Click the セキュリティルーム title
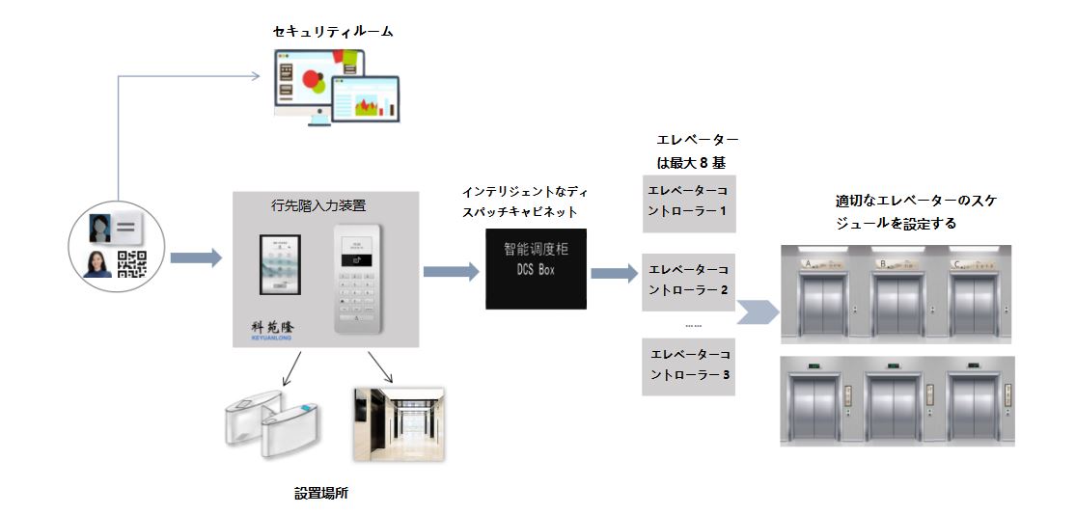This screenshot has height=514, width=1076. [333, 32]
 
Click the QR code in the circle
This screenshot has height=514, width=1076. [131, 263]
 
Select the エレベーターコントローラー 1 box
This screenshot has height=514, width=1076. [689, 203]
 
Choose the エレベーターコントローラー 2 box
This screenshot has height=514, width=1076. [689, 282]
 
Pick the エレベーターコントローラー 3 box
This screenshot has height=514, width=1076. [689, 366]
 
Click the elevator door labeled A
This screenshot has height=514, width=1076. [821, 301]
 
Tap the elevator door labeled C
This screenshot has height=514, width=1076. [975, 301]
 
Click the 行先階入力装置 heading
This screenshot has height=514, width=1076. [325, 205]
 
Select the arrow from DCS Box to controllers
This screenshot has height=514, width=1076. [614, 274]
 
